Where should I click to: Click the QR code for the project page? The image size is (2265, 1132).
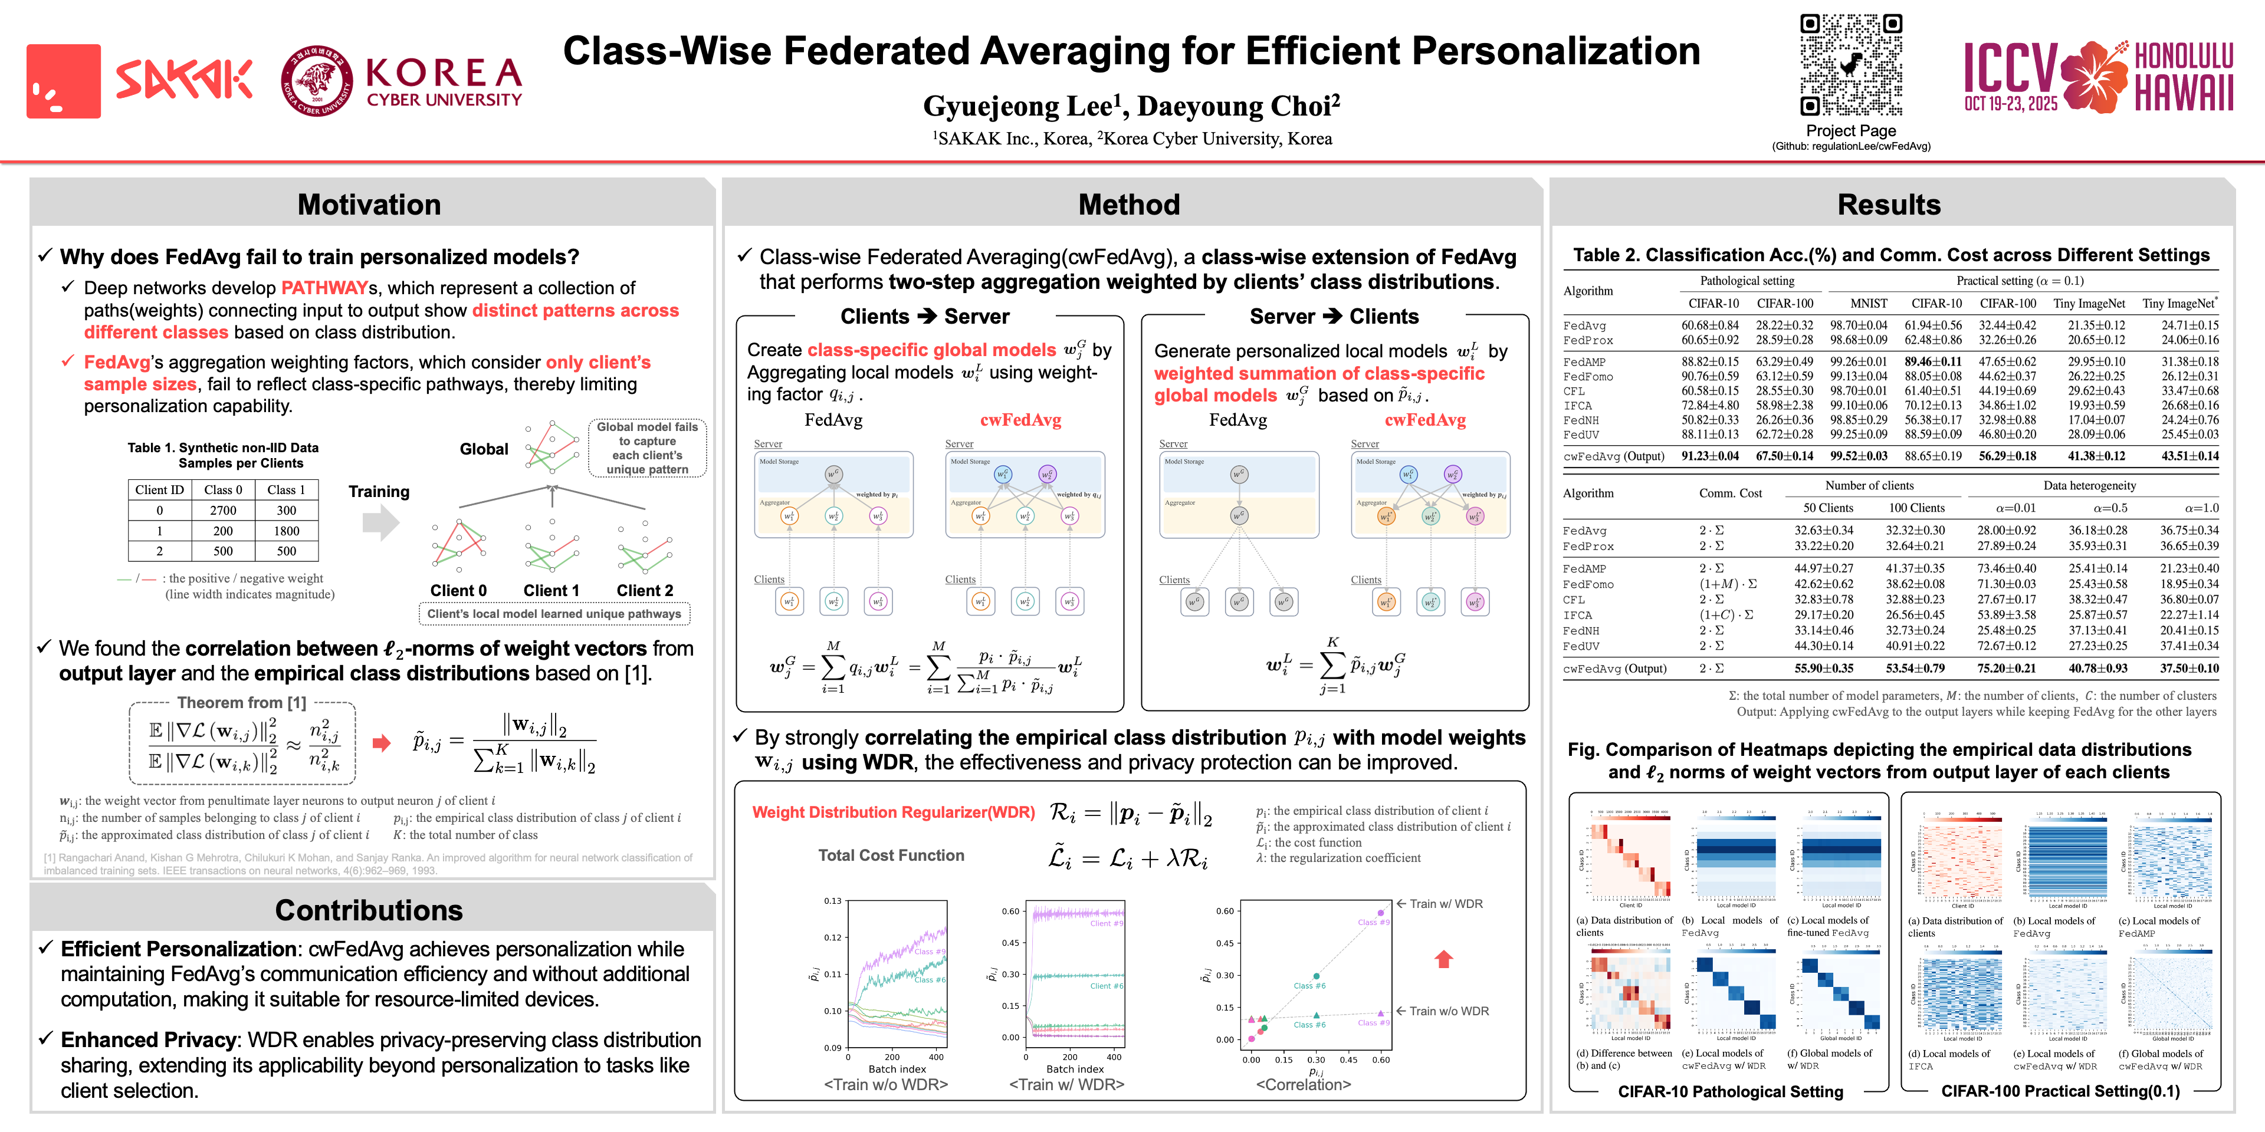[x=1851, y=65]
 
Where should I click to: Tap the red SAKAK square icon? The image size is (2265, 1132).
[x=63, y=81]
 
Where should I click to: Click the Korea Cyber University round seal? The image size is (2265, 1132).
[x=317, y=81]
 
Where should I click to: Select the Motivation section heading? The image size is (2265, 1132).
[x=369, y=205]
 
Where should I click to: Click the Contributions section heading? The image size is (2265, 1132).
[x=369, y=910]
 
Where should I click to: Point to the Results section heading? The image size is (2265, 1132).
[x=1889, y=205]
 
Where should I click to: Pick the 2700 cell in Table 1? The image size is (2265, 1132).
[x=222, y=511]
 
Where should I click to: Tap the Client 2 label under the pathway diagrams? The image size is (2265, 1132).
[x=645, y=591]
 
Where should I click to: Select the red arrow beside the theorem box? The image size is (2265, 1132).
[x=380, y=743]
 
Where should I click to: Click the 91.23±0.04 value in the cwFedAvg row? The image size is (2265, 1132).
[x=1709, y=456]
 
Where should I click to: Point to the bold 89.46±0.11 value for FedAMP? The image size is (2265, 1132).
[x=1933, y=361]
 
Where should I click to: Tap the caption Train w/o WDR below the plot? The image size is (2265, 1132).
[x=885, y=1085]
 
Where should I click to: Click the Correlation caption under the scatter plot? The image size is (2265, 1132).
[x=1303, y=1085]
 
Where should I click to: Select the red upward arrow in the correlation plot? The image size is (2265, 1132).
[x=1443, y=959]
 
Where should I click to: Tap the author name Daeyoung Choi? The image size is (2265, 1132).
[x=1238, y=106]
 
